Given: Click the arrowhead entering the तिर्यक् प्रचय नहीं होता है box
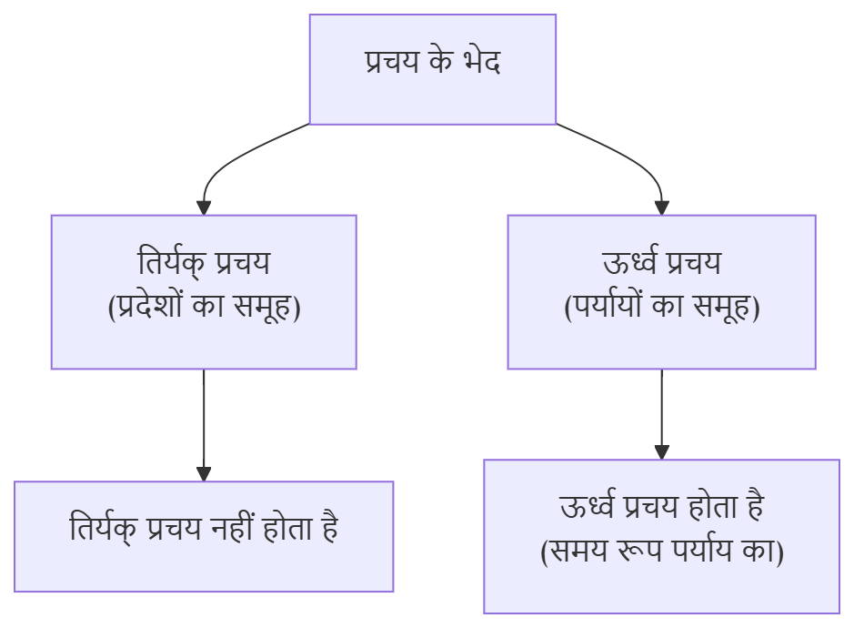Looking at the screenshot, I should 204,473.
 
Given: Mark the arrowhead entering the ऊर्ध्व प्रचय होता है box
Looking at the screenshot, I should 661,451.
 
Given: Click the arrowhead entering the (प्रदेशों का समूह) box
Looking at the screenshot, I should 204,208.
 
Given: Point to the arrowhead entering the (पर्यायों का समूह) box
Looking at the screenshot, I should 661,208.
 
